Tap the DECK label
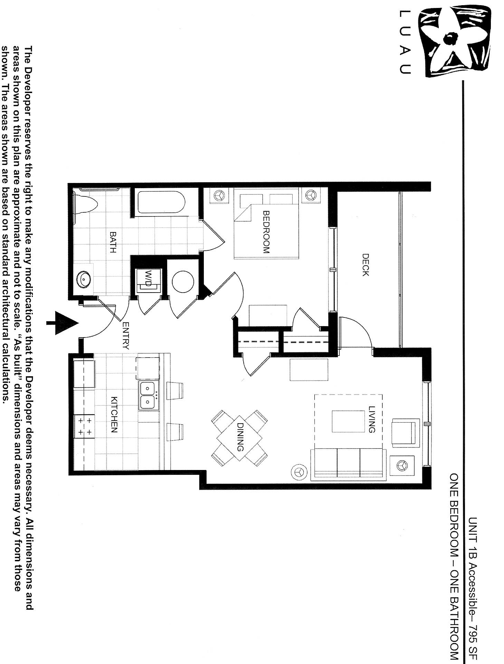365,265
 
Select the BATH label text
113,242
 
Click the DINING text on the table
240,437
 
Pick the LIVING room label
372,419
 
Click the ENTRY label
126,335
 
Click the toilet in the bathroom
86,204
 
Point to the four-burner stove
84,426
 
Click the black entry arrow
64,323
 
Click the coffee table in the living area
348,421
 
